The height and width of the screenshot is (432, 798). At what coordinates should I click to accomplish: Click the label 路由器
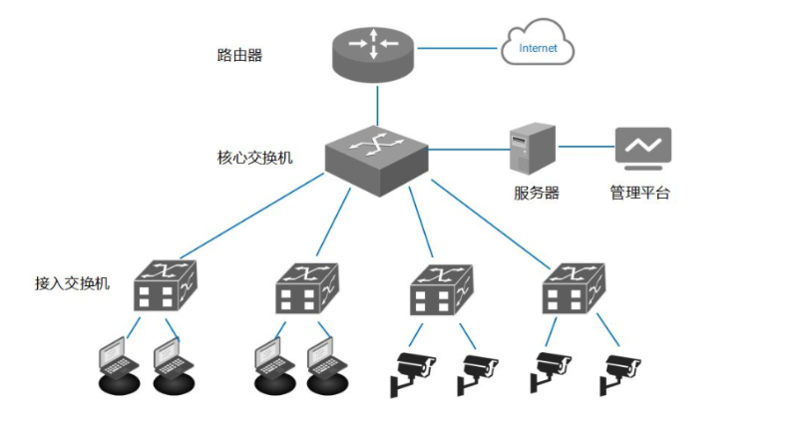239,56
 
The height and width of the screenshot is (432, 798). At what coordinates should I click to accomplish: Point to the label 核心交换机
254,158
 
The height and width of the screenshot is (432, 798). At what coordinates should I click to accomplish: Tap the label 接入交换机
72,282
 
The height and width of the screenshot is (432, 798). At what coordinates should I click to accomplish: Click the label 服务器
537,193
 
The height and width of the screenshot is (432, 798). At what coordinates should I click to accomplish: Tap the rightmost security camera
619,370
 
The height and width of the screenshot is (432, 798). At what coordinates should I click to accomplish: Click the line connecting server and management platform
586,147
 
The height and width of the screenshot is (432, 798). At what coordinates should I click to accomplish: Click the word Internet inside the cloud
539,47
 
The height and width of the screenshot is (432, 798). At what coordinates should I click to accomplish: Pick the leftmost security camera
412,370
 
